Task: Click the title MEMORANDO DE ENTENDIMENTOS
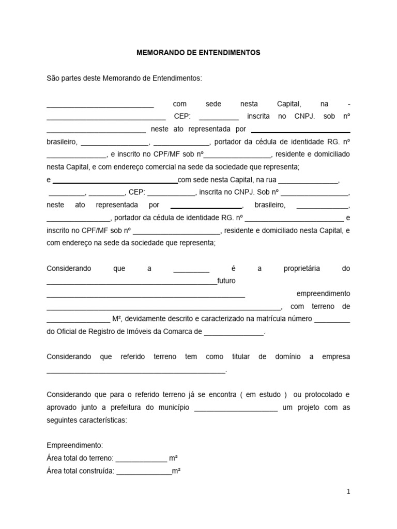pyautogui.click(x=198, y=53)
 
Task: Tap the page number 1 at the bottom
pyautogui.click(x=349, y=492)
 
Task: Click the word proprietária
pyautogui.click(x=302, y=269)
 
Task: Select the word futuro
pyautogui.click(x=226, y=281)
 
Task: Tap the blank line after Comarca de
pyautogui.click(x=234, y=333)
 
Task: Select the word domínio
pyautogui.click(x=285, y=356)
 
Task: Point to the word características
pyautogui.click(x=97, y=421)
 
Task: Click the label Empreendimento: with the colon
pyautogui.click(x=74, y=445)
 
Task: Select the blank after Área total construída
pyautogui.click(x=144, y=472)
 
